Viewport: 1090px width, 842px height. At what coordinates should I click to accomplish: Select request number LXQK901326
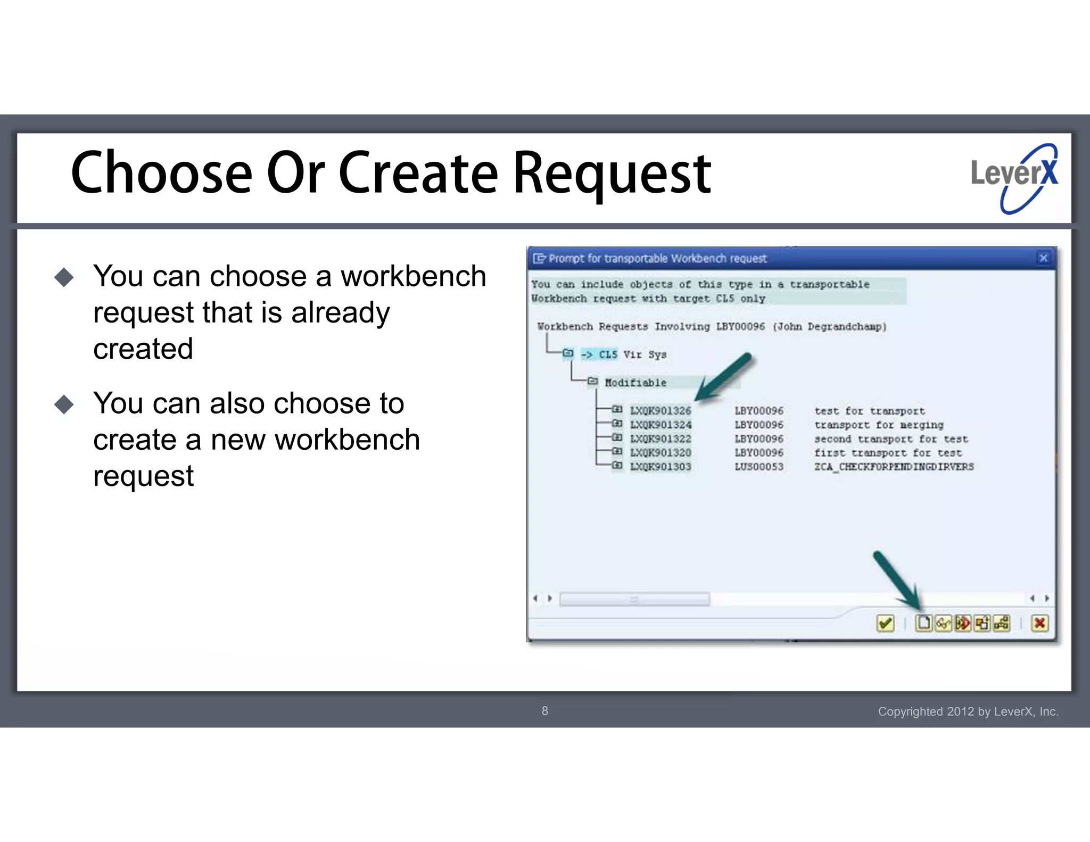click(660, 411)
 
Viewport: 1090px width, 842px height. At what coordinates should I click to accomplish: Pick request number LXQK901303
click(660, 467)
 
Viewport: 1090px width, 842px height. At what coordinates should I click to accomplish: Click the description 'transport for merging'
click(879, 425)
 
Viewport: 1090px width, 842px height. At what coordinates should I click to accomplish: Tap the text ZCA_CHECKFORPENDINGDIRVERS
click(894, 467)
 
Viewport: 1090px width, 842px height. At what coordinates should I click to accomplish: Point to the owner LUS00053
click(759, 467)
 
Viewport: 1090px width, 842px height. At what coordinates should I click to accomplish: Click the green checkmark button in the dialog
click(885, 623)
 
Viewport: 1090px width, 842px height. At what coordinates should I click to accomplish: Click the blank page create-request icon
click(923, 623)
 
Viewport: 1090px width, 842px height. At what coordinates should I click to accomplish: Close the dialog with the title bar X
click(1043, 258)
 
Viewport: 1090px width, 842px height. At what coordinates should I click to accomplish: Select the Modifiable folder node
click(635, 383)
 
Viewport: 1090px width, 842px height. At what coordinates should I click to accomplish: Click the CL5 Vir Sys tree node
click(623, 354)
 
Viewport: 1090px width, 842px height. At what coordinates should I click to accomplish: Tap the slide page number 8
click(544, 711)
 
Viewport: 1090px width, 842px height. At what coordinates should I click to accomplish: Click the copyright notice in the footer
click(968, 712)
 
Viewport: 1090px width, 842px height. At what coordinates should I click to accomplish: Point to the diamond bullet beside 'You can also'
click(64, 405)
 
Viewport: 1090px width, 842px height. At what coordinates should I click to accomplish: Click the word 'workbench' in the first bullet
click(414, 277)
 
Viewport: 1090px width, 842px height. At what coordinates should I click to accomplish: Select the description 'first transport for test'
click(888, 453)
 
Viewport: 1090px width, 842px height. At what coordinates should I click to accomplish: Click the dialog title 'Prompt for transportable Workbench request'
click(657, 259)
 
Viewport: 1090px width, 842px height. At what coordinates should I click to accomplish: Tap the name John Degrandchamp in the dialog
click(830, 327)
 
